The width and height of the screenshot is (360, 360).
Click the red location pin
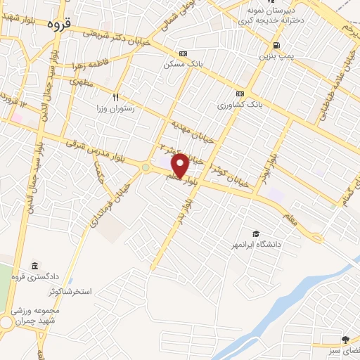[x=180, y=165]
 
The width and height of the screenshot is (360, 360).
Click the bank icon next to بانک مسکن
[x=184, y=53]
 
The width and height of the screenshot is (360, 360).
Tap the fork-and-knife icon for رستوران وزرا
[x=116, y=97]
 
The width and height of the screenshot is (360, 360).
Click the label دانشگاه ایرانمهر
[x=267, y=245]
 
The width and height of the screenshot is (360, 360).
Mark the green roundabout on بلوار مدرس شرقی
[x=146, y=167]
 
